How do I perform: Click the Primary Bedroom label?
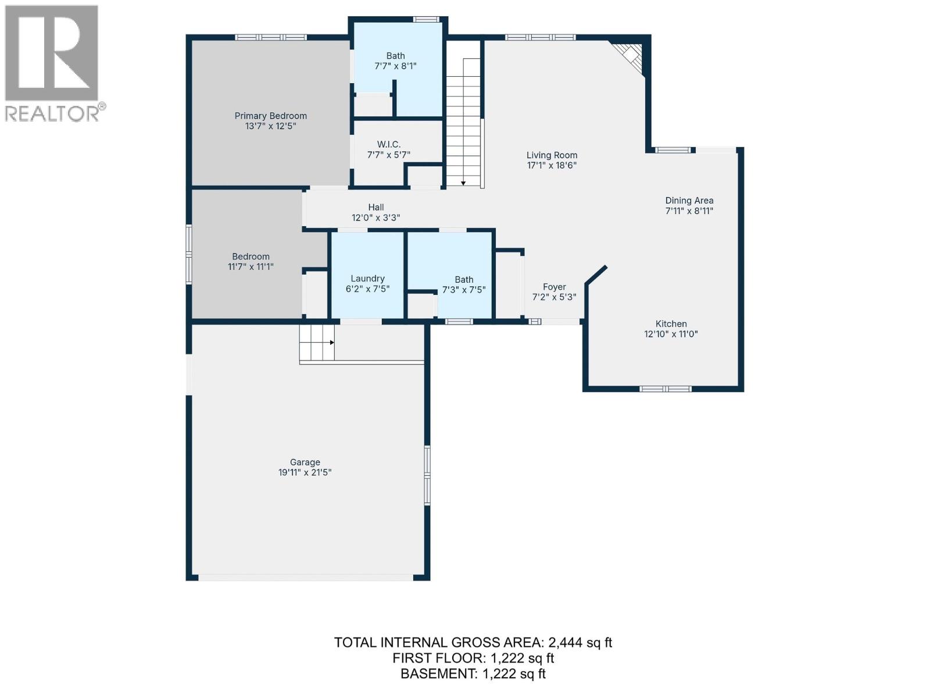point(270,116)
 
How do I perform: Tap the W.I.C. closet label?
point(388,144)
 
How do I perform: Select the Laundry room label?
point(367,279)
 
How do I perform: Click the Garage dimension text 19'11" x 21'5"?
point(305,473)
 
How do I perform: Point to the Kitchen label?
point(671,324)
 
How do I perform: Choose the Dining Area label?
point(689,200)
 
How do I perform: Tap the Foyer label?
point(554,287)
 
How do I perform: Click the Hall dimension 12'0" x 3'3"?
point(375,218)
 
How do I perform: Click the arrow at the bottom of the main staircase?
point(463,183)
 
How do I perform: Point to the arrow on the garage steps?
point(331,343)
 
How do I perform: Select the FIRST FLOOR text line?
point(473,658)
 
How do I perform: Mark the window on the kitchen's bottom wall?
point(665,389)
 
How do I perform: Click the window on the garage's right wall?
point(427,475)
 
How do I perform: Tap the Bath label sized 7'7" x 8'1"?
point(395,56)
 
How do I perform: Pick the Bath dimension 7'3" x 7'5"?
point(464,290)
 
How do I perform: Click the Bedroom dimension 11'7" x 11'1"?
point(251,267)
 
